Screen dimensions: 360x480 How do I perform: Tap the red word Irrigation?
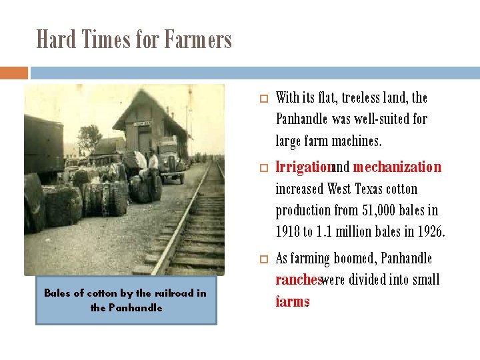coord(304,167)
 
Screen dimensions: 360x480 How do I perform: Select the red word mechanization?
coord(397,167)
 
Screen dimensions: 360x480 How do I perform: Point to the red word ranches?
coord(299,280)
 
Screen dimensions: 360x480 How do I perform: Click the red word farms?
coord(293,302)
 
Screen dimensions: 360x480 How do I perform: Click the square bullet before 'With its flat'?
coord(263,99)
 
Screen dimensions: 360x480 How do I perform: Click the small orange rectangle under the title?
coord(13,72)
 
